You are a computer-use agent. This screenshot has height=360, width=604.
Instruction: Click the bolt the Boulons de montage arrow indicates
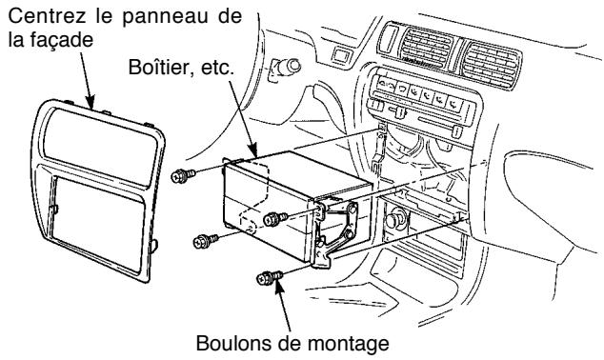point(266,279)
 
